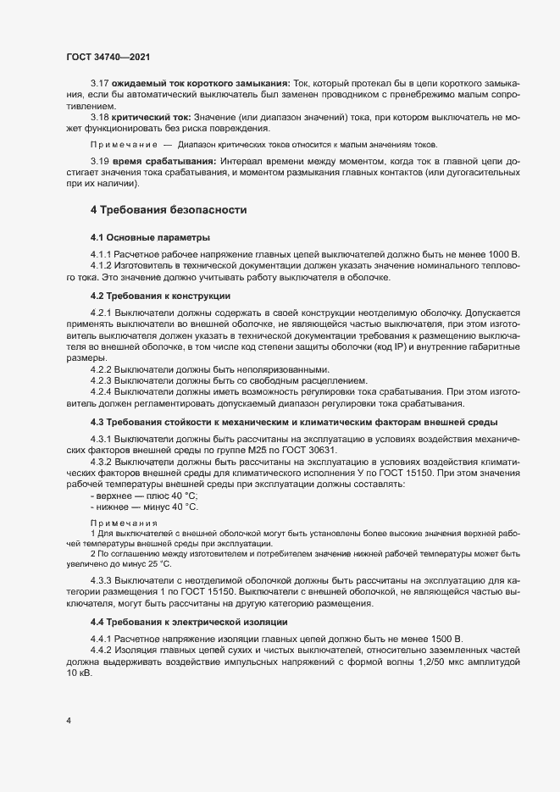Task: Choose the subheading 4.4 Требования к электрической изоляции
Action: coord(188,622)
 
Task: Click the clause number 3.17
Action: coord(100,83)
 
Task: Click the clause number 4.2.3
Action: coord(101,380)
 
